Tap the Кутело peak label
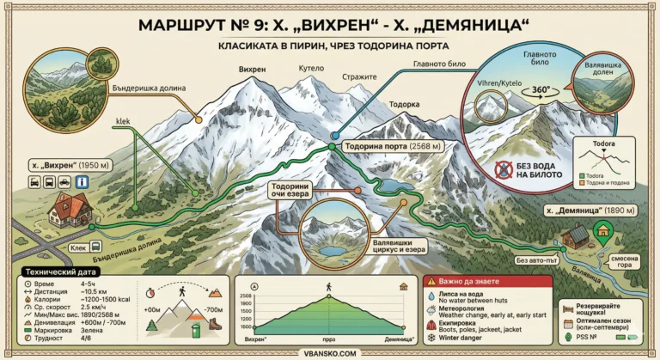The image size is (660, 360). (310, 68)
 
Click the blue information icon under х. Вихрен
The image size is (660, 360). (82, 182)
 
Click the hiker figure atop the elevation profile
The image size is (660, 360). (327, 286)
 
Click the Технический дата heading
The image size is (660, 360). (59, 271)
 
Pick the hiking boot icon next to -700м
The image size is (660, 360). (216, 327)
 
